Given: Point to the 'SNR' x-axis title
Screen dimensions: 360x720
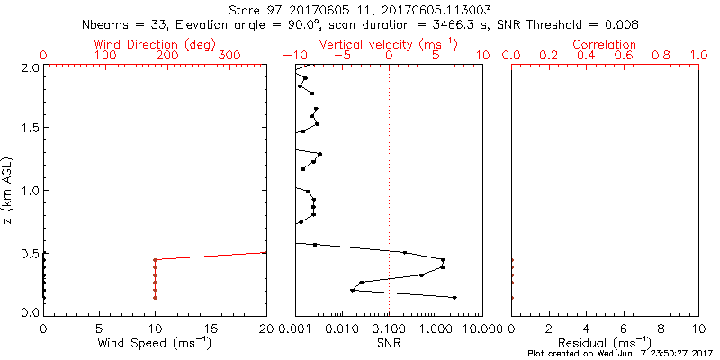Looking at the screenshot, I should point(390,343).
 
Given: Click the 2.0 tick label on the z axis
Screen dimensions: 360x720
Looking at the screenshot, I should point(28,67).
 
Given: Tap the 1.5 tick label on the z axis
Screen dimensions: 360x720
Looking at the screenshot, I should point(28,129).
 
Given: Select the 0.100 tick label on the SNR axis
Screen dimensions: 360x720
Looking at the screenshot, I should point(390,328).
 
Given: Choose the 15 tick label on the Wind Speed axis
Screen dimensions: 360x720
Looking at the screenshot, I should point(211,328).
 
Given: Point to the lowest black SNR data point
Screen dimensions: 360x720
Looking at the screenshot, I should point(454,297).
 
